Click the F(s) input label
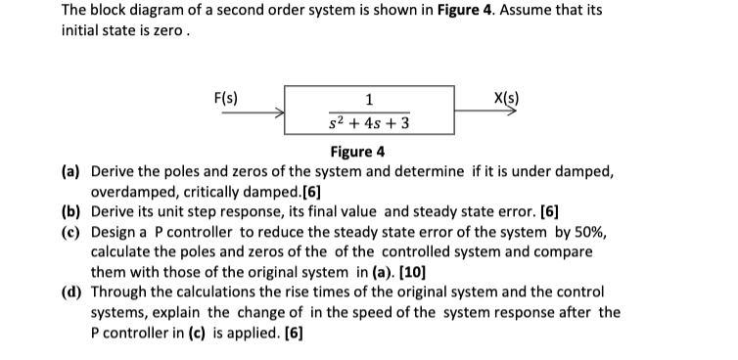(226, 97)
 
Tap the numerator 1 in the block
(368, 98)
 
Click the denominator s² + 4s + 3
(369, 124)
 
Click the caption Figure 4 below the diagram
(358, 152)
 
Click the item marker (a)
(71, 172)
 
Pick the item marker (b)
(71, 212)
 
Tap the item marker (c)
(71, 233)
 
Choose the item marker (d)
(71, 292)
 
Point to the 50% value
(596, 233)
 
